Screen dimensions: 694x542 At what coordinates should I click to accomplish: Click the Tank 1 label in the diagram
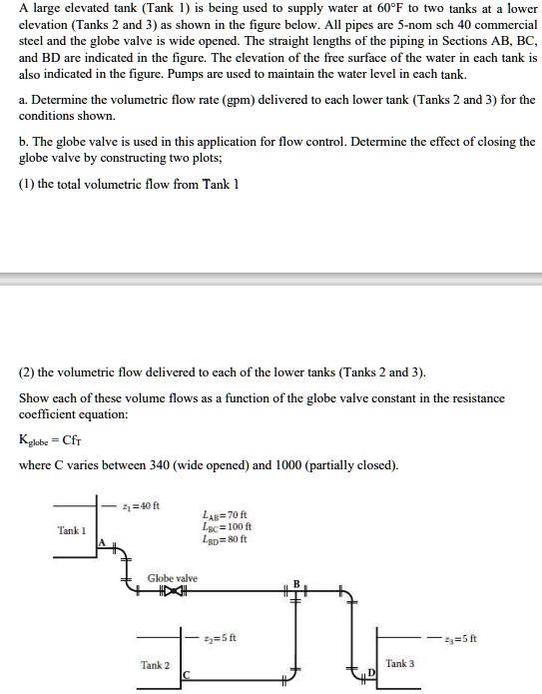pyautogui.click(x=72, y=529)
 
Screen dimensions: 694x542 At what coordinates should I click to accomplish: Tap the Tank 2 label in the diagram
pyautogui.click(x=155, y=664)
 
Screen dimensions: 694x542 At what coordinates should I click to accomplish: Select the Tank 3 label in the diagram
pyautogui.click(x=399, y=663)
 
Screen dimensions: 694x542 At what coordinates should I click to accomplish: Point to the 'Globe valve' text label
pyautogui.click(x=173, y=578)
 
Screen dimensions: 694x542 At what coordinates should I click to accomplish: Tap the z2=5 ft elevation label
pyautogui.click(x=219, y=637)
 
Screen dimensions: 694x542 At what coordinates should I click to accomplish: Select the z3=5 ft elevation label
pyautogui.click(x=487, y=637)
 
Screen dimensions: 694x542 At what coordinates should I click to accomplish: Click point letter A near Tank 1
pyautogui.click(x=101, y=540)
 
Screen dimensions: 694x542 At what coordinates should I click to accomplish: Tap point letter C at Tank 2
pyautogui.click(x=185, y=677)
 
